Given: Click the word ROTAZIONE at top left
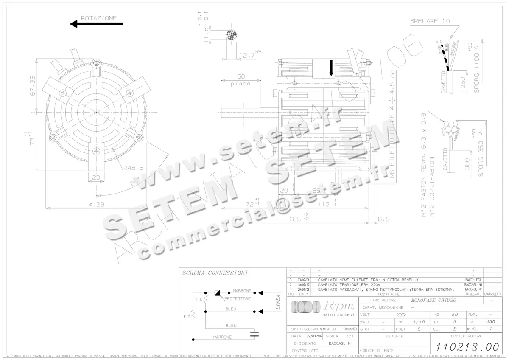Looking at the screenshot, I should (x=98, y=18).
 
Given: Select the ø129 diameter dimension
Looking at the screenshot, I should (x=97, y=204).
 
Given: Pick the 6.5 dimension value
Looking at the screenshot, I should (x=383, y=219).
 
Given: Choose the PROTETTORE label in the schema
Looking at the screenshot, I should (x=237, y=299).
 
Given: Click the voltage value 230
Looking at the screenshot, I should (x=401, y=315).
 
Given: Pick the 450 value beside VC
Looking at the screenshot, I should (x=491, y=322).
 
